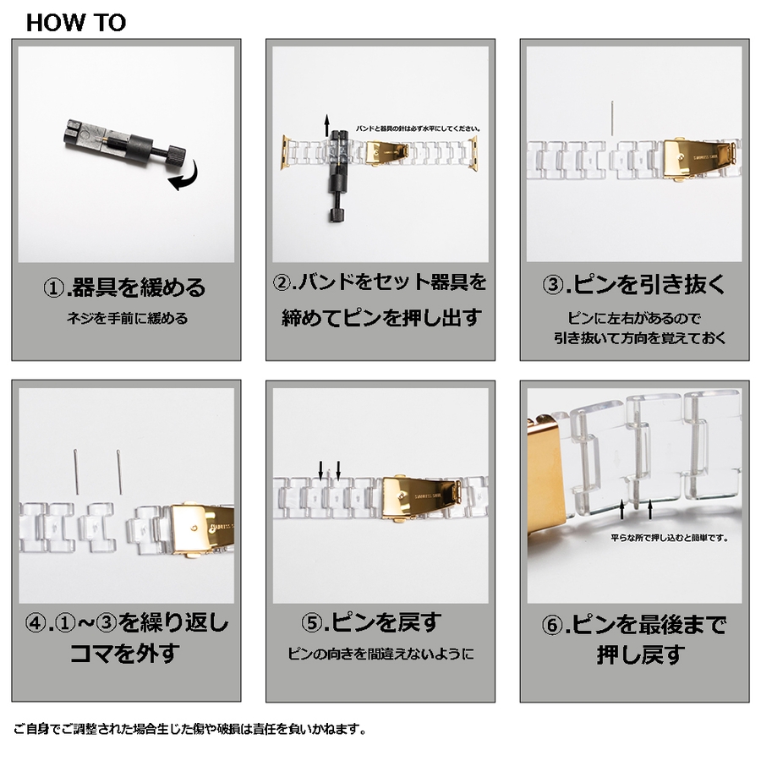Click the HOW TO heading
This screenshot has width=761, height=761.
click(76, 23)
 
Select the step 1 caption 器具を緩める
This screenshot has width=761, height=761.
click(125, 287)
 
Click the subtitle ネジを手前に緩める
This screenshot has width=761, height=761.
click(127, 319)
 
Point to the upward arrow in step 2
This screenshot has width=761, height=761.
click(327, 125)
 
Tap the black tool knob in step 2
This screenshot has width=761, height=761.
click(337, 214)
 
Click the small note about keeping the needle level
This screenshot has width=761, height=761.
click(419, 129)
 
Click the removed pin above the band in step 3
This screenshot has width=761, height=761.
click(612, 118)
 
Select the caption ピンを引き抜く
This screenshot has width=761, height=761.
click(634, 284)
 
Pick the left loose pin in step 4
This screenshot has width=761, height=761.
click(77, 471)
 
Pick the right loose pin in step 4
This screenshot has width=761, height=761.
click(119, 471)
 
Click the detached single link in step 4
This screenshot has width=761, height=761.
click(97, 527)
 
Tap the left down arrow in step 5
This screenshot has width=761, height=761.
click(320, 470)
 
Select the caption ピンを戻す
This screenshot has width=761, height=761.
click(372, 622)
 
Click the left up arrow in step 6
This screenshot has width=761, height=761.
click(622, 510)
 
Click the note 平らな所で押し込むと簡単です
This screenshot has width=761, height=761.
click(670, 537)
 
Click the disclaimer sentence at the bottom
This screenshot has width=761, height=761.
click(189, 729)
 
